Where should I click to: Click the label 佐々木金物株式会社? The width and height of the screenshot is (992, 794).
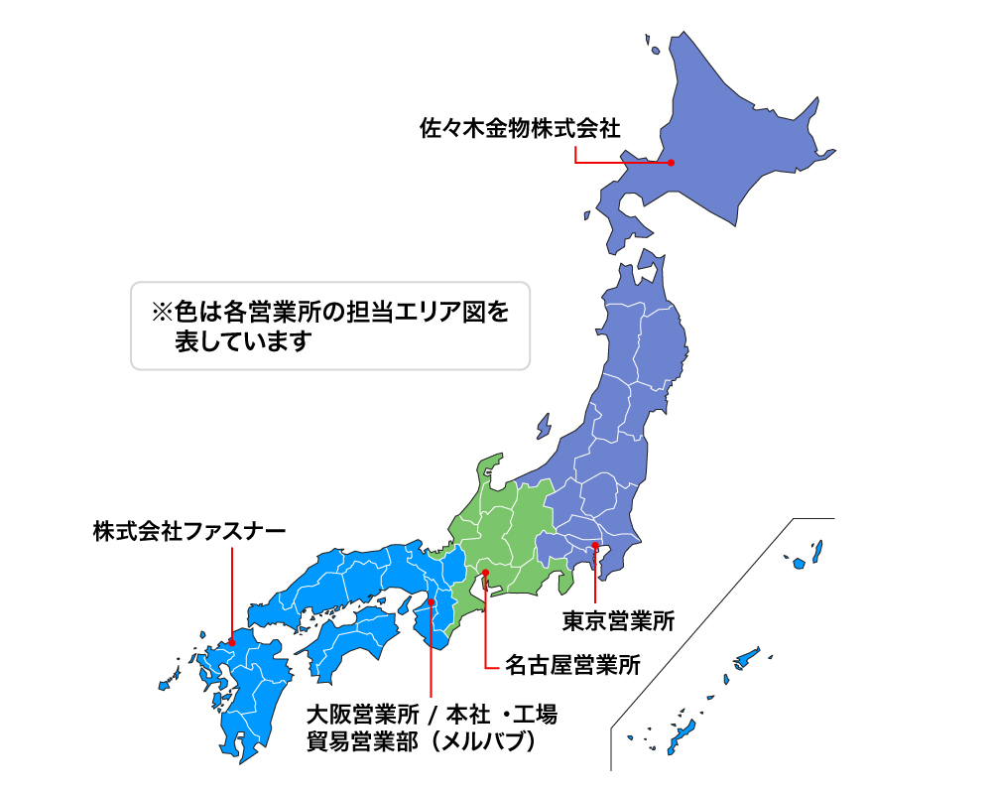(519, 128)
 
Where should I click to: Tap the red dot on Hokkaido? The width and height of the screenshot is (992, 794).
(671, 163)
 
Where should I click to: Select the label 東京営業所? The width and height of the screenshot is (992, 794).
(618, 622)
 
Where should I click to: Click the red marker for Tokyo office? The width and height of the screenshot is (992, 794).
(593, 546)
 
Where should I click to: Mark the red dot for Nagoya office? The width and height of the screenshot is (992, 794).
(485, 573)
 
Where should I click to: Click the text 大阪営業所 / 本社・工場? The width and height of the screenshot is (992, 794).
(431, 715)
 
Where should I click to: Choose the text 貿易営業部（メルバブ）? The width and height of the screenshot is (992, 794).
(421, 741)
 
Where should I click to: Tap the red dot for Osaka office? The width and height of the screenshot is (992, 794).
(432, 602)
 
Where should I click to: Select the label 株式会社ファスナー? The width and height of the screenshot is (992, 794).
(188, 531)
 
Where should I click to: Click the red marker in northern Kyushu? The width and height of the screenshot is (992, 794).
(231, 640)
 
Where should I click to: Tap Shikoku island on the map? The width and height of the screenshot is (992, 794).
(352, 640)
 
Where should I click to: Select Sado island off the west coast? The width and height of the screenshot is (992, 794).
(544, 426)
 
